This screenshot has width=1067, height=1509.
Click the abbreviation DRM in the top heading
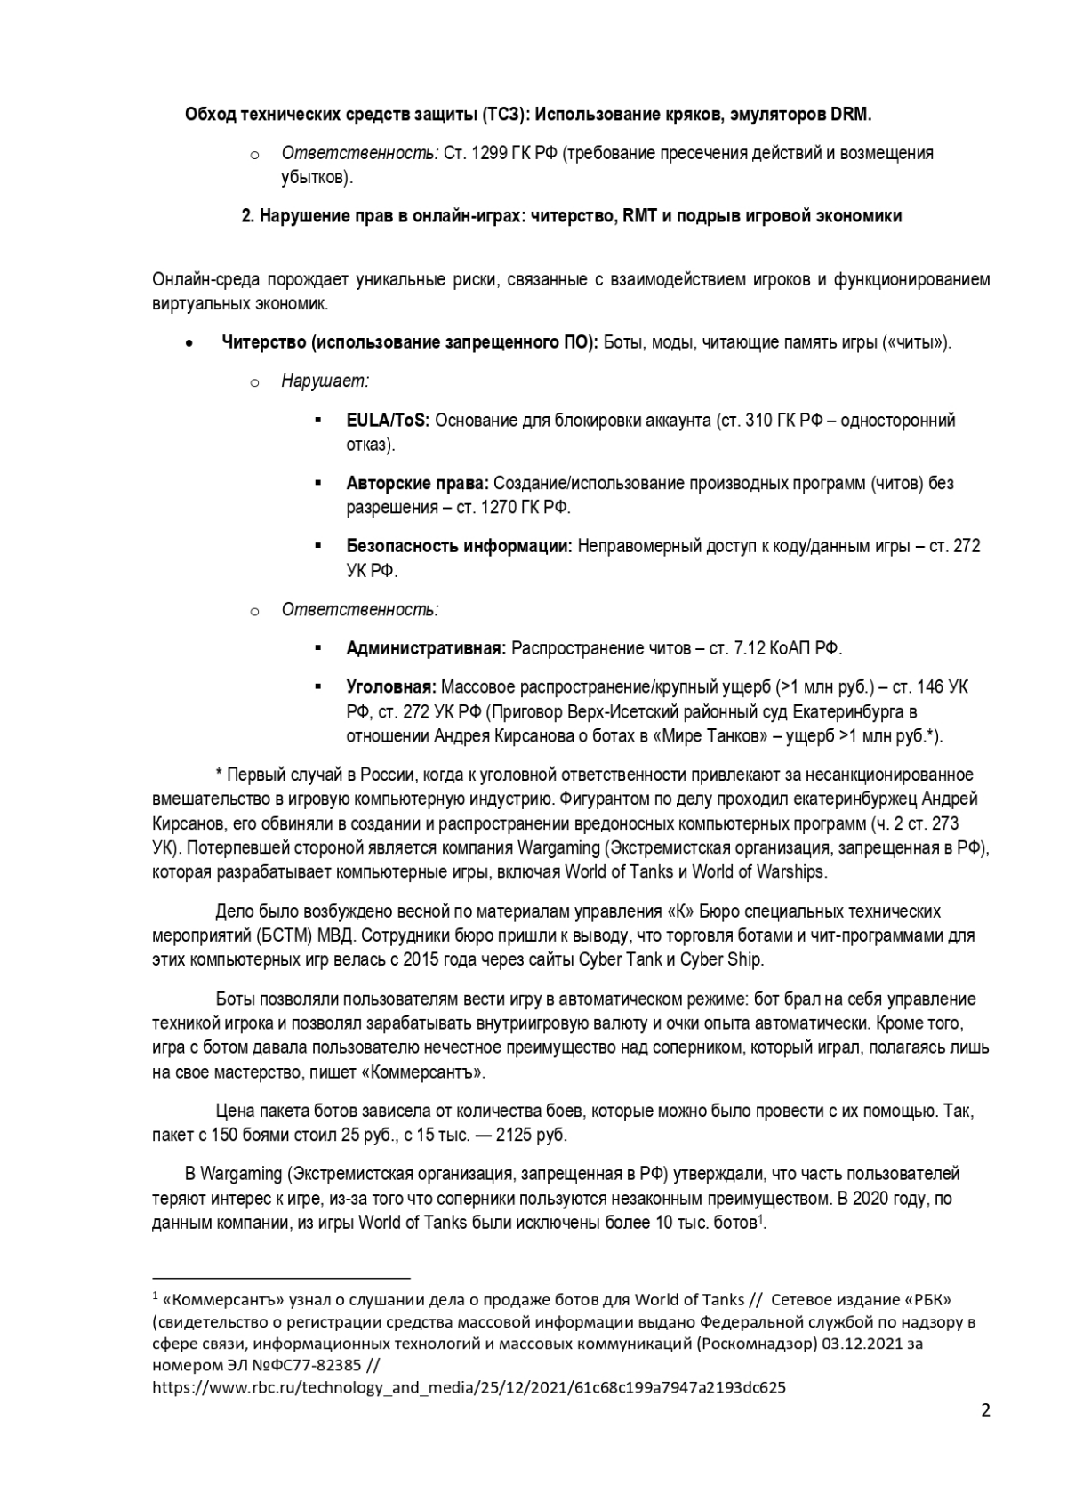(851, 115)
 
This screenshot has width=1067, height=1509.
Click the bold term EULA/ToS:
(388, 420)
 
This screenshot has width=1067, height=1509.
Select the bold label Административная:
(426, 648)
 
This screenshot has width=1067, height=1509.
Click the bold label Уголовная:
(391, 687)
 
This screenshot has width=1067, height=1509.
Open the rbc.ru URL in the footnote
(469, 1387)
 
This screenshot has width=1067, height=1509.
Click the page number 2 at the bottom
(985, 1410)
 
